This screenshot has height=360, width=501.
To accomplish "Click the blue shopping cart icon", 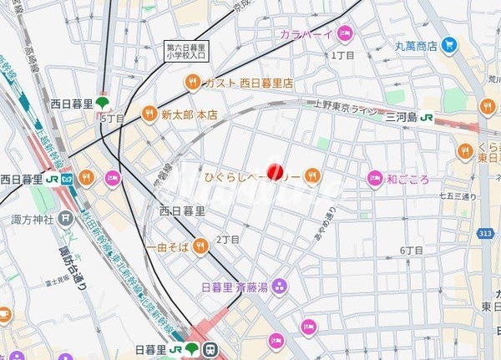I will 450,44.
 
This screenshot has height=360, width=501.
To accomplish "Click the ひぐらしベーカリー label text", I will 251,175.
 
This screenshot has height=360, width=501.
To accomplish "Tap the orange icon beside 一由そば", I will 200,246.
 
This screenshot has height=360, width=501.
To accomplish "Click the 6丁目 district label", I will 410,251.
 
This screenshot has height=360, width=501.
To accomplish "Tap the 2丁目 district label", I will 227,240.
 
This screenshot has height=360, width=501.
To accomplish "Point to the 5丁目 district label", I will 113,119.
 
